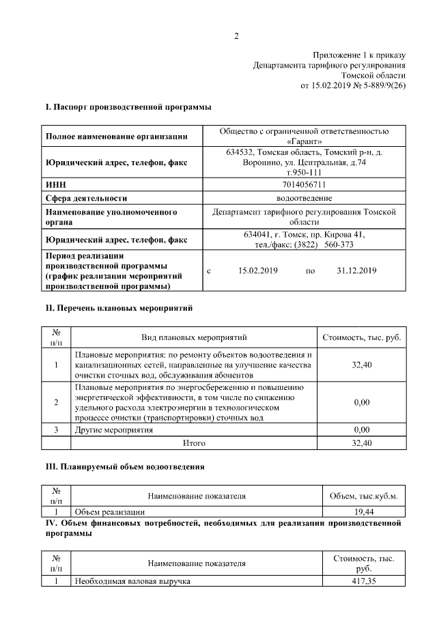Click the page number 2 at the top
tap(236, 36)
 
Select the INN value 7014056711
tap(304, 184)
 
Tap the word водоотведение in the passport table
tap(304, 198)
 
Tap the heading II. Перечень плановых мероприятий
tap(119, 308)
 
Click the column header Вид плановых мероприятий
tap(194, 337)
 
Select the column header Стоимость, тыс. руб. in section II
tap(361, 337)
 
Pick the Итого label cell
tap(194, 443)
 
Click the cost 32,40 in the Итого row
tap(361, 443)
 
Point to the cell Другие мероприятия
tap(114, 430)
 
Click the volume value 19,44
tap(363, 511)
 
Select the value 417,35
tap(363, 581)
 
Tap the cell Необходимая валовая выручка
tap(132, 581)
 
